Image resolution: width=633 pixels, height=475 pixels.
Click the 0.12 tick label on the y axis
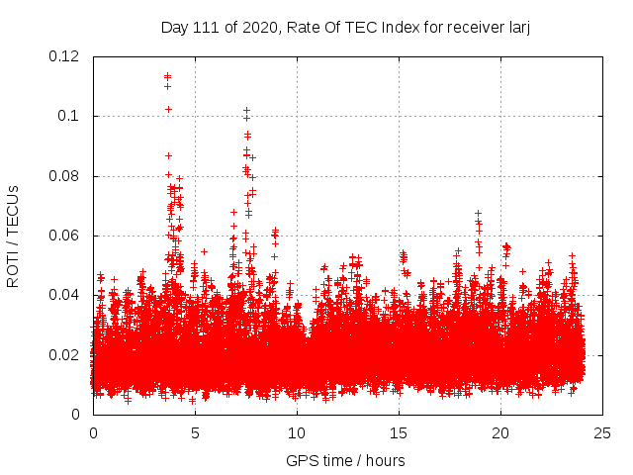point(64,56)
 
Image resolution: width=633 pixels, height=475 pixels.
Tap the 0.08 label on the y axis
point(64,176)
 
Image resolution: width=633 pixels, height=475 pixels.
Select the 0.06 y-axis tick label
point(64,236)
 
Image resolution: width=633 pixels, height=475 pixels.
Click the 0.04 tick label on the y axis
point(64,295)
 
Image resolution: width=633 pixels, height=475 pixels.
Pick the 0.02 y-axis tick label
point(64,354)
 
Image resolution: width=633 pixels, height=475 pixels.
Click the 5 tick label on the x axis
point(195,432)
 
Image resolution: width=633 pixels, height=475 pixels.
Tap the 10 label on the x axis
point(297,432)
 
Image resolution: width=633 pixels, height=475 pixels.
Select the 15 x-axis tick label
point(399,432)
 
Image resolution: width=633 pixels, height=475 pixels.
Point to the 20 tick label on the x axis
point(500,432)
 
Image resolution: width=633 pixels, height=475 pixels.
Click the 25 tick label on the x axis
point(602,432)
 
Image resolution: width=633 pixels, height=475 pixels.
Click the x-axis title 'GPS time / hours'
point(345,460)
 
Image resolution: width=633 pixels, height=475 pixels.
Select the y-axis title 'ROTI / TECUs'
point(14,236)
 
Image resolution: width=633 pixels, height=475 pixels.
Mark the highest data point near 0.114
point(167,75)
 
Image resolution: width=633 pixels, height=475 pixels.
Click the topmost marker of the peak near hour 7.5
point(246,110)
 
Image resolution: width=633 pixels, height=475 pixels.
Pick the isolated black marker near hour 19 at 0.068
point(478,213)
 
